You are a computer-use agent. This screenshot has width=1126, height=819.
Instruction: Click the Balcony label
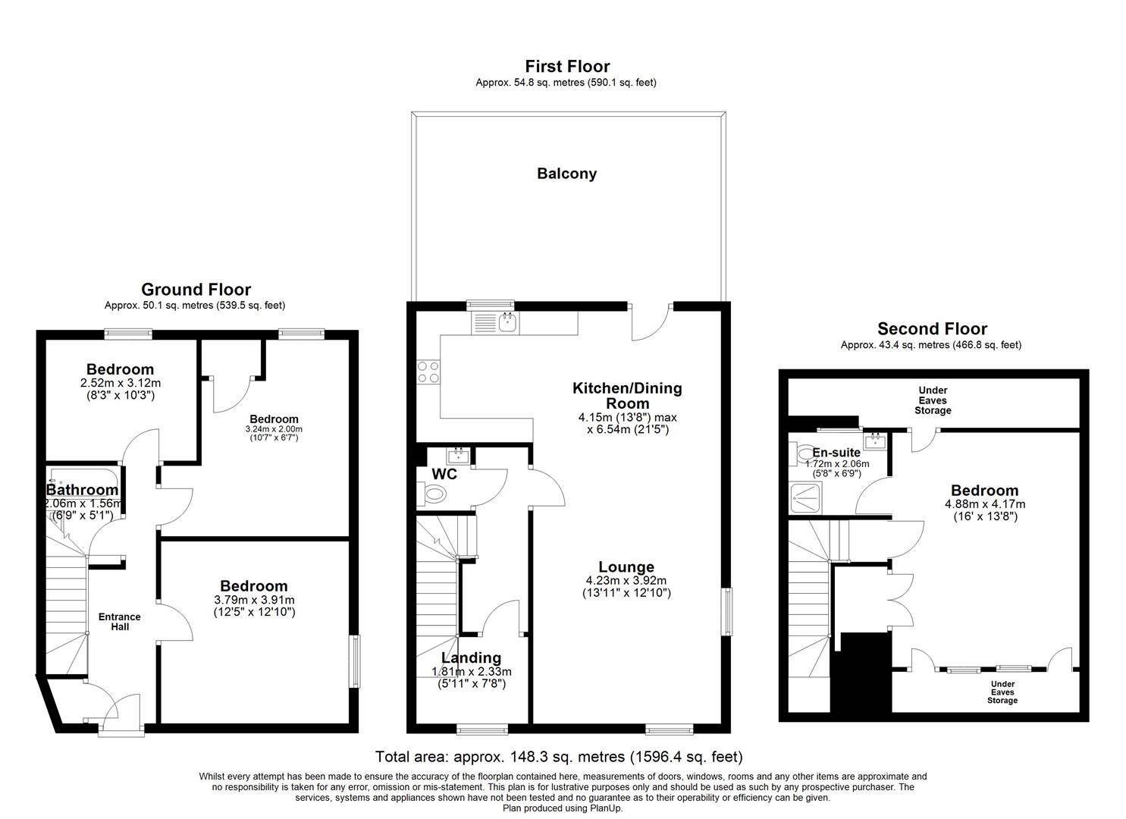point(566,174)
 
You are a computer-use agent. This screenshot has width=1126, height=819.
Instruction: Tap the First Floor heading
point(567,67)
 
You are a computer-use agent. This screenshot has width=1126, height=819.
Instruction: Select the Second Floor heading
point(932,329)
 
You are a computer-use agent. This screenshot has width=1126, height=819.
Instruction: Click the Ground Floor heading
point(196,290)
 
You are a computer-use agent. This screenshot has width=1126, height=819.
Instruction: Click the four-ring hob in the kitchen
point(428,372)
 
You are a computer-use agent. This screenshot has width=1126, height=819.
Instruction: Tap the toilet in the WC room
point(431,494)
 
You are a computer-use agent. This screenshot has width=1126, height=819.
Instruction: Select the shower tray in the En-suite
point(805,497)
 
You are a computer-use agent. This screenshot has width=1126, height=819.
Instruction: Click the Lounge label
point(626,567)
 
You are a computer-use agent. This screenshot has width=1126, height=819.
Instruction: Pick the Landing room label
point(471,657)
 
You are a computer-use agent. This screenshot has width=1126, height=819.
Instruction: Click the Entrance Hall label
point(120,621)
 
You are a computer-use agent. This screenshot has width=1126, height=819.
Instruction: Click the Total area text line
point(559,757)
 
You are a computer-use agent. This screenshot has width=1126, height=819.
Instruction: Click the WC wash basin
point(458,456)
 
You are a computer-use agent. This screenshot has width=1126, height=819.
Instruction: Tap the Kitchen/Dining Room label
point(627,396)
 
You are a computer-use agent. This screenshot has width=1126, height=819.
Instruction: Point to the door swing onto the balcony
point(651,322)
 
